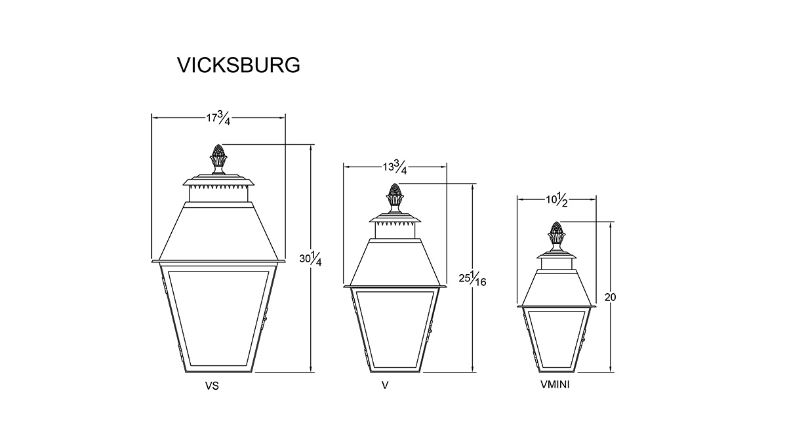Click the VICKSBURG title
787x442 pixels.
coord(239,65)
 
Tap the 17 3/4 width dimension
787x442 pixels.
coord(218,118)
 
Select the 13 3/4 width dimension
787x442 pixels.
coord(395,167)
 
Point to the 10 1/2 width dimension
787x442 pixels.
coord(557,201)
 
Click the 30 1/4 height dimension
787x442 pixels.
coord(310,259)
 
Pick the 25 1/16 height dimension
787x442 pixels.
coord(472,279)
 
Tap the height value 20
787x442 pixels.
coord(611,297)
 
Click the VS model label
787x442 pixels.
coord(212,386)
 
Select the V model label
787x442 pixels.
coord(385,386)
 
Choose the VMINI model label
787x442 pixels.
coord(555,385)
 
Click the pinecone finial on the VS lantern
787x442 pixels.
coord(218,159)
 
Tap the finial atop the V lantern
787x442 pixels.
coord(395,198)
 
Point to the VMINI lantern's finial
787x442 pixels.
coord(557,236)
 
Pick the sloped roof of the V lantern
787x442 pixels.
coord(395,262)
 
